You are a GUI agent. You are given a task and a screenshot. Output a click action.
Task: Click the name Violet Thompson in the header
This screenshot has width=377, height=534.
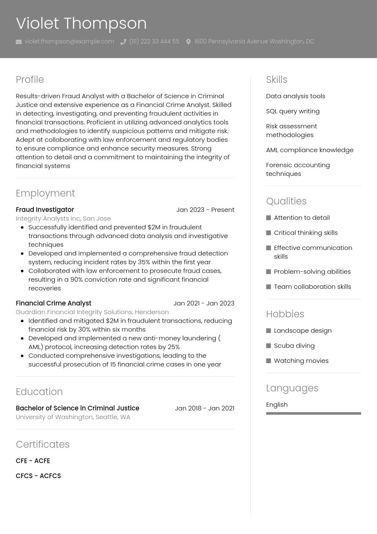81,23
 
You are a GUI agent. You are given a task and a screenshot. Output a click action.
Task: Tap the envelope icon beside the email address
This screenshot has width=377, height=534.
19,42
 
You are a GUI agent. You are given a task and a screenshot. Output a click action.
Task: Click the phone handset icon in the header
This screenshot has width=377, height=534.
123,42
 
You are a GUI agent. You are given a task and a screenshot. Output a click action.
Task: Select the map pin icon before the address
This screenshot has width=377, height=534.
188,42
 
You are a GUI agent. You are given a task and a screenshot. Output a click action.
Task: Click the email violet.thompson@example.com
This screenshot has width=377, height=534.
69,41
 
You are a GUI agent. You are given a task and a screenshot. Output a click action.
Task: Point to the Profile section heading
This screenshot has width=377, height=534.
30,79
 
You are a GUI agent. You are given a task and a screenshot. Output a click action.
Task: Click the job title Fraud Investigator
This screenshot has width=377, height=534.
45,210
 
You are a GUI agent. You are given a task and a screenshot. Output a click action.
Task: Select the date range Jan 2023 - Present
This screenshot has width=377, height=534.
205,210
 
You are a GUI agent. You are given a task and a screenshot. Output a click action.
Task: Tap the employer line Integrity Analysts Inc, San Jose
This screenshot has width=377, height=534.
63,219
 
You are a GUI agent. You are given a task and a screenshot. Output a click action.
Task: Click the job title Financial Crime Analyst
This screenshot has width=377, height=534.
53,303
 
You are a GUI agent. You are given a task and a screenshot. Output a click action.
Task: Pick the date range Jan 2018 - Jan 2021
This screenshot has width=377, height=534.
204,408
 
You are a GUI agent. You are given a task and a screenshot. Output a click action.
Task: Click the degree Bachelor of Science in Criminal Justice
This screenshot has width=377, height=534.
77,408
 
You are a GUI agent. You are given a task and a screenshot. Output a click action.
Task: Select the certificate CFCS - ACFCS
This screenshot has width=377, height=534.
38,476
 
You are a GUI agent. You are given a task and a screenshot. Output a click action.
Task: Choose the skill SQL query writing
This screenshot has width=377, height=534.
293,111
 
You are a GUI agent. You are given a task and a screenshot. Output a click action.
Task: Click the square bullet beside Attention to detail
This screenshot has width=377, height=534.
269,218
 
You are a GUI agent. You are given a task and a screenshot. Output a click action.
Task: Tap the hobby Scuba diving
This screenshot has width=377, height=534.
294,345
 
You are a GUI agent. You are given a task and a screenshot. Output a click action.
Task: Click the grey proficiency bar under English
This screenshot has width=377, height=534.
313,413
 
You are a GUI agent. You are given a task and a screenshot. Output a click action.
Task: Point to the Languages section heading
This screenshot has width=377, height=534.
292,388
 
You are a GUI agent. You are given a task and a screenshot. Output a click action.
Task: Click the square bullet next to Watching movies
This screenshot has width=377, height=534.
269,361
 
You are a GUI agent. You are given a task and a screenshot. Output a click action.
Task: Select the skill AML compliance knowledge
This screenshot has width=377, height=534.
309,150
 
